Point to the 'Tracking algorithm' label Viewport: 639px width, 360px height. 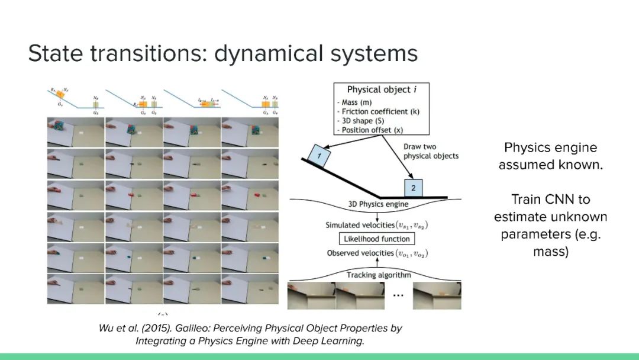click(379, 275)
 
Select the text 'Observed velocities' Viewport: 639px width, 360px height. click(353, 253)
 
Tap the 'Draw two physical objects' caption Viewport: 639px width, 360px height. click(431, 151)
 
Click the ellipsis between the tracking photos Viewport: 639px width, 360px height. click(398, 295)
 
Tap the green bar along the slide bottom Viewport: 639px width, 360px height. click(319, 356)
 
